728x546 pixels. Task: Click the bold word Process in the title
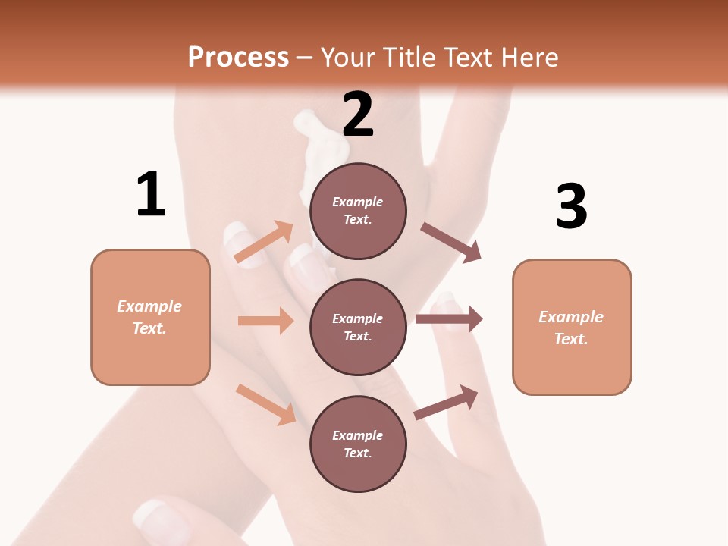pos(238,58)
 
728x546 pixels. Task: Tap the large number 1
pos(151,194)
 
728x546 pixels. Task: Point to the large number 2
pos(358,115)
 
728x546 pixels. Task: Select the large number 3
pos(571,206)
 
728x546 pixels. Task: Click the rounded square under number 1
pos(150,317)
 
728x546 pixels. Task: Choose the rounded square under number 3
pos(572,327)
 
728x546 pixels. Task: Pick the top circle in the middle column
pos(358,211)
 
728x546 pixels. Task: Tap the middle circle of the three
pos(358,327)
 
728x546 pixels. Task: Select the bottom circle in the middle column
pos(358,444)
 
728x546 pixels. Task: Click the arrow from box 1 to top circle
pos(263,242)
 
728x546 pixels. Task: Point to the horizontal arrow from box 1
pos(265,321)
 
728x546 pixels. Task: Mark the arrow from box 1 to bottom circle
pos(265,404)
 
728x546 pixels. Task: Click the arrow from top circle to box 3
pos(451,243)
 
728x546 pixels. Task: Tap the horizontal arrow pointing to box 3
pos(449,318)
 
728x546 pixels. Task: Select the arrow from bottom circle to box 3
pos(447,403)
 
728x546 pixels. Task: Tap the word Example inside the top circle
pos(358,202)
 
